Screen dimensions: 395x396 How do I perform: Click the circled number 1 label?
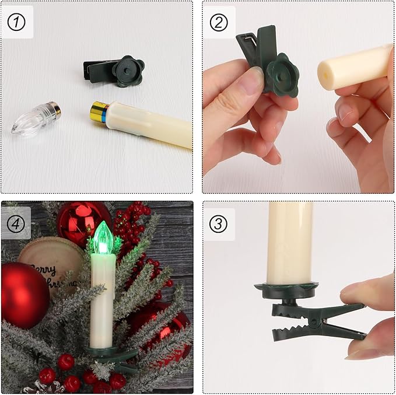[17, 22]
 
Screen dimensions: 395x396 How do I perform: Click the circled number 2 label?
[219, 22]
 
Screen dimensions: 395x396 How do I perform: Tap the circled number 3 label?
[219, 223]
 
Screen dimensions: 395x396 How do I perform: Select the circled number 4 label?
[16, 223]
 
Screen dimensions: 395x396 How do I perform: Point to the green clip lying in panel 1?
[114, 71]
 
